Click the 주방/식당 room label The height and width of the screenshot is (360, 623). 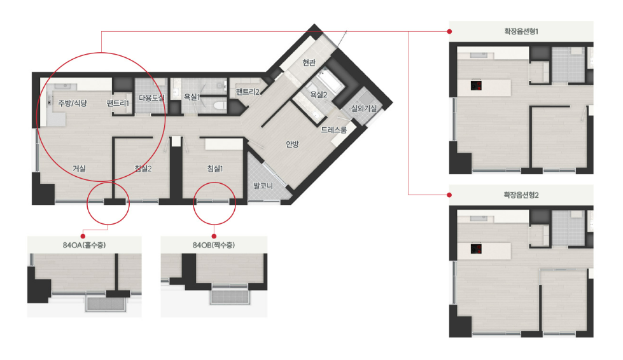click(73, 103)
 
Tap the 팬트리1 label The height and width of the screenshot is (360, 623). click(118, 103)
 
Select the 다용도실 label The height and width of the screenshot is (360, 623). click(151, 98)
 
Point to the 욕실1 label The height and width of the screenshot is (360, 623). click(192, 97)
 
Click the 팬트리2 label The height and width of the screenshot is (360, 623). click(248, 92)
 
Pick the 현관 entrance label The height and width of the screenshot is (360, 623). click(309, 63)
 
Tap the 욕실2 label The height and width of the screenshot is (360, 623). click(318, 95)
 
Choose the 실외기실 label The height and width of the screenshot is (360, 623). click(363, 108)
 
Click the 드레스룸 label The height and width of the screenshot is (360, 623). click(333, 130)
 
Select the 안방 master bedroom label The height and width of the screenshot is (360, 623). click(292, 144)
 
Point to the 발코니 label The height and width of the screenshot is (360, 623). click(263, 185)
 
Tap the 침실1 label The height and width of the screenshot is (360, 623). click(214, 169)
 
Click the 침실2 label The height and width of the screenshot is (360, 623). click(143, 169)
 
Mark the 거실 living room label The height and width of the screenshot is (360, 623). click(79, 169)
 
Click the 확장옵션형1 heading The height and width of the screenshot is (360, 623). click(521, 31)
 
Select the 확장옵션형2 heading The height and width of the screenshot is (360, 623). click(521, 195)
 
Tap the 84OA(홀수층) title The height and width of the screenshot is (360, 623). click(84, 245)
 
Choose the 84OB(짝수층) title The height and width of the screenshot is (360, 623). click(214, 245)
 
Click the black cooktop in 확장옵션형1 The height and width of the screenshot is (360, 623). click(476, 85)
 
